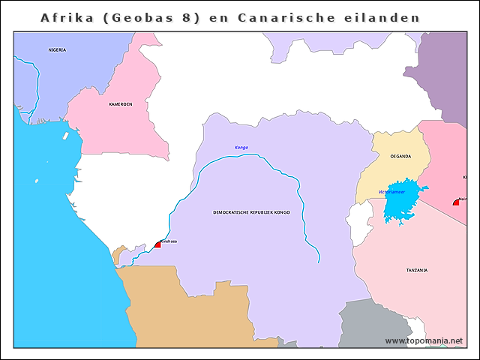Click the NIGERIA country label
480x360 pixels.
click(x=57, y=49)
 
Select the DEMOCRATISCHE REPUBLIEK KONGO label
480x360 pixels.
click(x=251, y=212)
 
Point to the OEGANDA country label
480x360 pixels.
click(x=400, y=156)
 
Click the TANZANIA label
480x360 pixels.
click(x=417, y=270)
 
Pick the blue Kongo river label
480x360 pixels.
click(x=241, y=148)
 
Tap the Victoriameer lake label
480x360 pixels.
click(x=391, y=192)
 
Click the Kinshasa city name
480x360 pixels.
click(x=169, y=241)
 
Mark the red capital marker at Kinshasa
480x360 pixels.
click(x=157, y=244)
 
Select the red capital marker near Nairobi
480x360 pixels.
click(x=456, y=202)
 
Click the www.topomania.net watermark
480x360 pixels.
click(x=423, y=341)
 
